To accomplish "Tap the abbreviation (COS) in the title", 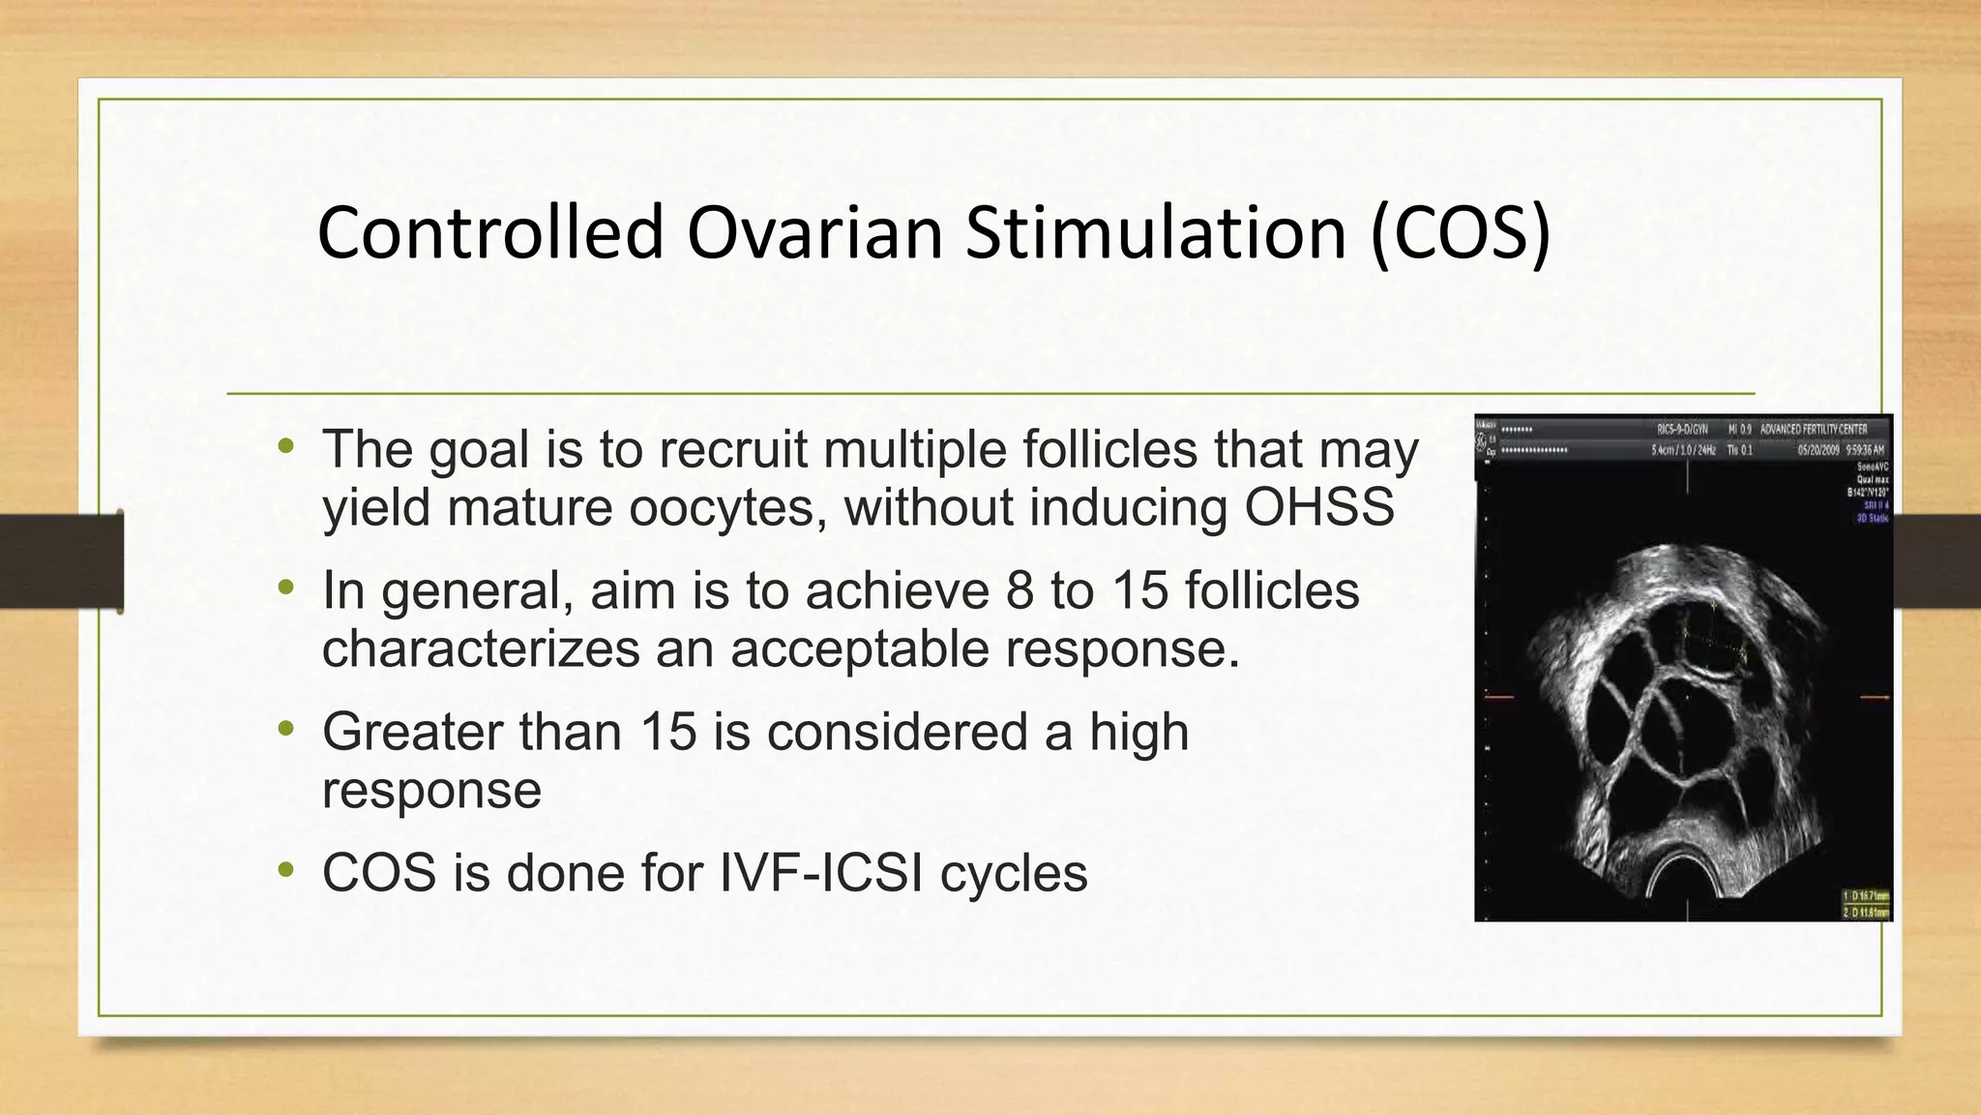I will point(1461,233).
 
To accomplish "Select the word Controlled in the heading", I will point(490,233).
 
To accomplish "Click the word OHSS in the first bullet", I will point(1319,507).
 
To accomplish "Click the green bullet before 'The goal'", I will point(285,447).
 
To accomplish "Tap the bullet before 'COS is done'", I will point(285,870).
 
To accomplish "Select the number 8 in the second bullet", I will point(1020,590).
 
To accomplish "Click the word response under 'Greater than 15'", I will point(431,791).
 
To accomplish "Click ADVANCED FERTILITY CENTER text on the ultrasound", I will point(1813,429).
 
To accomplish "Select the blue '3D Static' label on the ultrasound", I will point(1872,519).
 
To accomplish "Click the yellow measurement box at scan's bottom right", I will point(1865,904).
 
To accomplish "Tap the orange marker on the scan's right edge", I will point(1875,697).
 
